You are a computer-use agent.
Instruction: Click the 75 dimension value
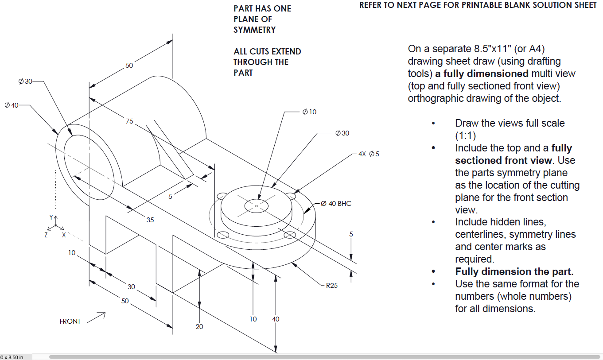click(129, 121)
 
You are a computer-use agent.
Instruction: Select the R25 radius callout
click(331, 286)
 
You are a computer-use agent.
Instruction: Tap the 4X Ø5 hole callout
click(368, 154)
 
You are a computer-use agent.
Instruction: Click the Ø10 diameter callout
click(309, 112)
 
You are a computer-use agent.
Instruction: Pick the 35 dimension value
click(150, 220)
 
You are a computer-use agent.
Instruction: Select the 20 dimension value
click(199, 327)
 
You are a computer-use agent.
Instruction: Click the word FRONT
click(70, 321)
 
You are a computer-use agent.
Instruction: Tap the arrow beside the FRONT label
click(97, 317)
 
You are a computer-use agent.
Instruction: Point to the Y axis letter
click(51, 217)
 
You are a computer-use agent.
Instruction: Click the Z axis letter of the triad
click(46, 236)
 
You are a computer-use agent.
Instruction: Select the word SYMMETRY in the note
click(254, 30)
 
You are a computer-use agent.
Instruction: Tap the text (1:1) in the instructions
click(465, 135)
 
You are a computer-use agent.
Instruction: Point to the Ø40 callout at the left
click(12, 105)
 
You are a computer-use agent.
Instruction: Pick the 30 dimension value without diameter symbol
click(131, 287)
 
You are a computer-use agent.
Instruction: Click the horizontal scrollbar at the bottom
click(323, 356)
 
